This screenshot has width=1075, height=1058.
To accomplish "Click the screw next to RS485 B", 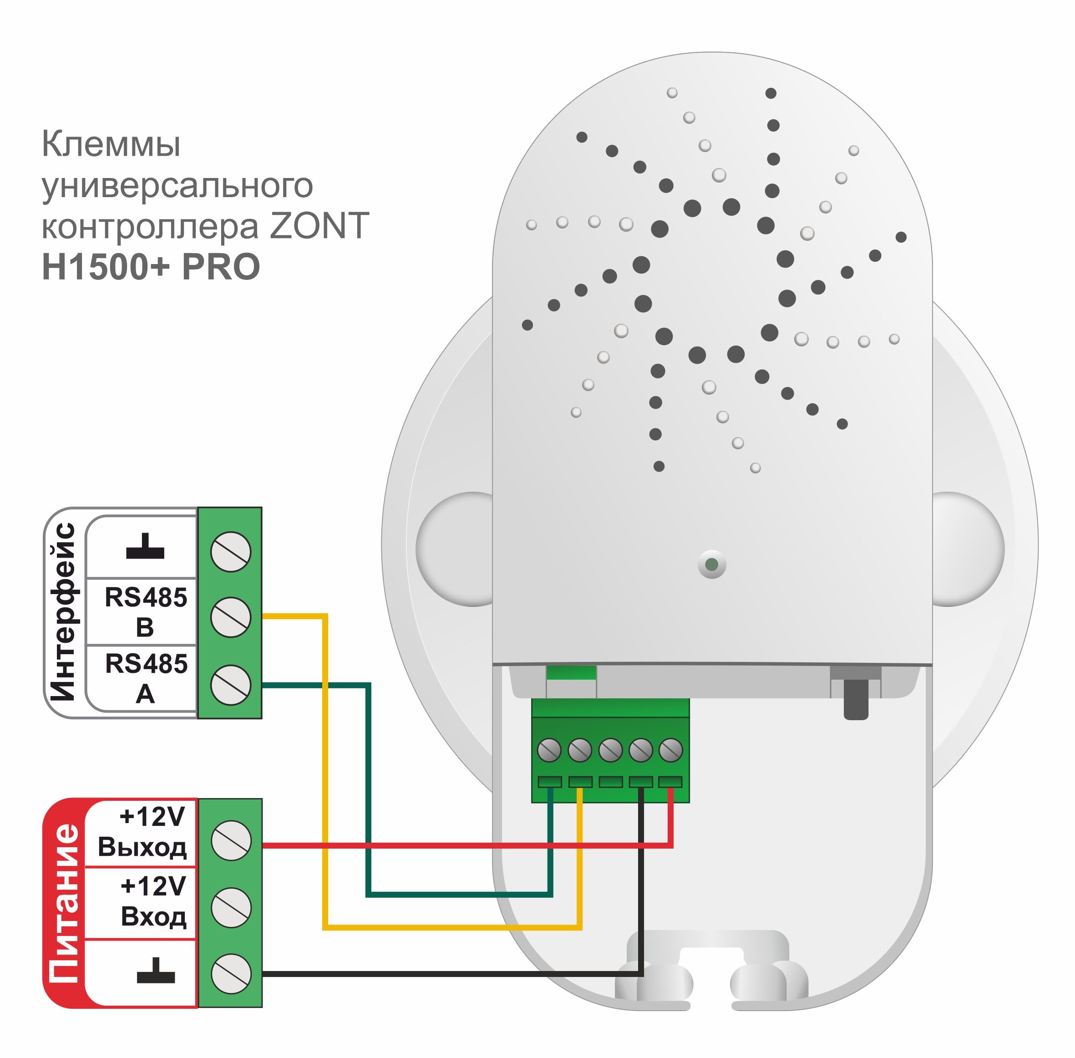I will click(231, 617).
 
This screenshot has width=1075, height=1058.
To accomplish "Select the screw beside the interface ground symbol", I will click(231, 551).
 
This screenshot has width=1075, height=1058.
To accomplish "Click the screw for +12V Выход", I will click(231, 841).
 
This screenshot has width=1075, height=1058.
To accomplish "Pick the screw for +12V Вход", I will click(231, 907).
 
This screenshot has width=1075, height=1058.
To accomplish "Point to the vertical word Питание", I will click(63, 903).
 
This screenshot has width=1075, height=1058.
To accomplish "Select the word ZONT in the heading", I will click(319, 226).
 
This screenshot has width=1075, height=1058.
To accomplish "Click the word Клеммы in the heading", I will click(111, 144).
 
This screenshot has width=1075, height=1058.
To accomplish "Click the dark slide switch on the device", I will click(856, 698).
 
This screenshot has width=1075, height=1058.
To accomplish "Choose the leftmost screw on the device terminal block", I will click(549, 750).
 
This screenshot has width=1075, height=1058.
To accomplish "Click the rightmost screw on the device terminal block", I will click(670, 750).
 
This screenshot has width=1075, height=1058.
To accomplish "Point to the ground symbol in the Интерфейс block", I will click(145, 547).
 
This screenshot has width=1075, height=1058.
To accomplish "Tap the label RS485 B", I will click(146, 612).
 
